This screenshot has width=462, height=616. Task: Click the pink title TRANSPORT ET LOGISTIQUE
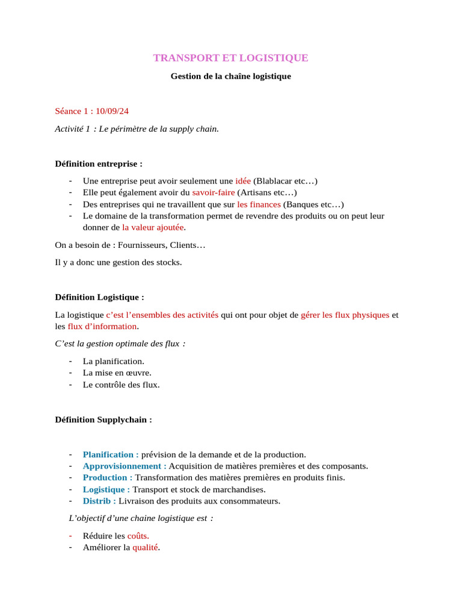[x=230, y=58]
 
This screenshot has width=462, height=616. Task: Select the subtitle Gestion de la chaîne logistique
[x=230, y=76]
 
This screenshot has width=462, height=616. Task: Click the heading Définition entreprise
[x=99, y=164]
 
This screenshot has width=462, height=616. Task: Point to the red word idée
[x=243, y=181]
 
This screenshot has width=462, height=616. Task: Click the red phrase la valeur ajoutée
[x=153, y=227]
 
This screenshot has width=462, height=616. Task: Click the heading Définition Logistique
[x=99, y=297]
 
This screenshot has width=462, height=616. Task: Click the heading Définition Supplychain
[x=103, y=419]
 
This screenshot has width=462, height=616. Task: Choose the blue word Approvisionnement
[x=123, y=466]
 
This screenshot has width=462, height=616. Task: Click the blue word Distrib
[x=97, y=500]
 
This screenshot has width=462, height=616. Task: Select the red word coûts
[x=138, y=536]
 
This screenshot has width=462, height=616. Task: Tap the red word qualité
[x=146, y=547]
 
